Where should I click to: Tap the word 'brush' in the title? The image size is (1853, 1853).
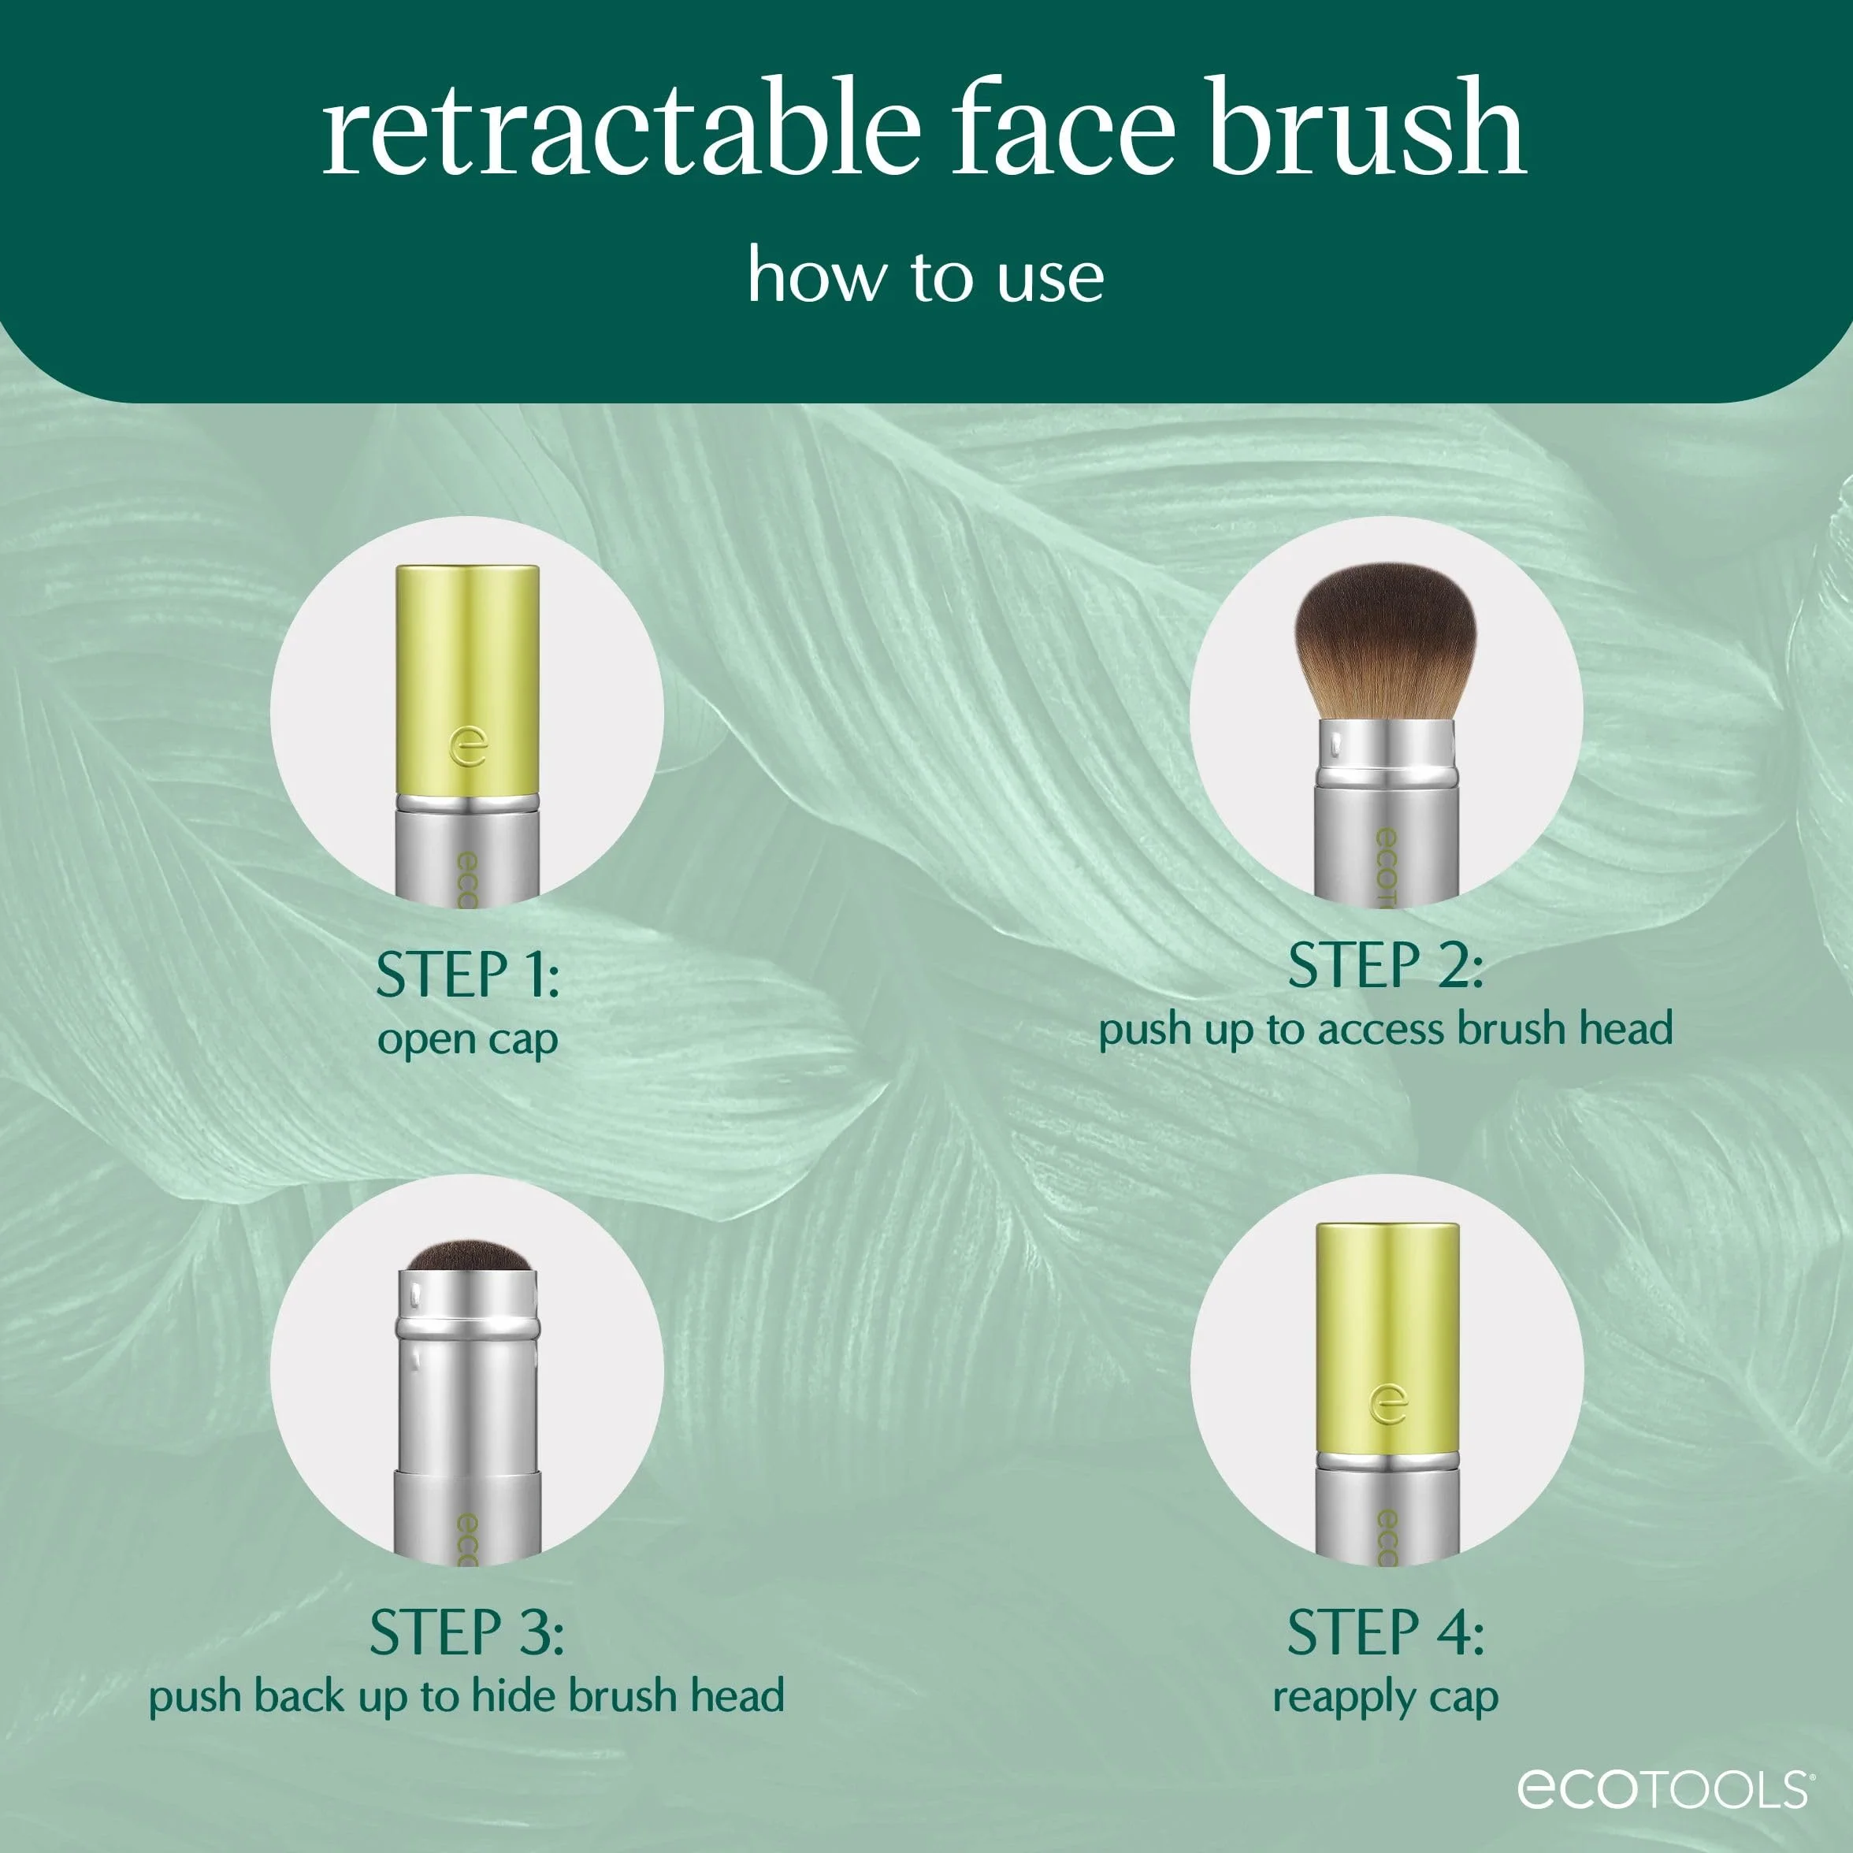point(1366,127)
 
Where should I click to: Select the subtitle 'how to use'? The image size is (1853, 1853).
point(926,277)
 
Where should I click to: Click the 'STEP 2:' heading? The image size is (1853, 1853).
point(1385,965)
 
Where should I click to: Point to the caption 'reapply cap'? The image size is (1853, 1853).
point(1385,1699)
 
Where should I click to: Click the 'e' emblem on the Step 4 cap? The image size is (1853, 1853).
point(1388,1405)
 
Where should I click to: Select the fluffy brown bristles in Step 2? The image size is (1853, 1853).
point(1386,641)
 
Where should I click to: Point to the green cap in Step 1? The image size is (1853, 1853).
point(468,679)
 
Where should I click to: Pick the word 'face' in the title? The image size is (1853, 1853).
point(1063,127)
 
